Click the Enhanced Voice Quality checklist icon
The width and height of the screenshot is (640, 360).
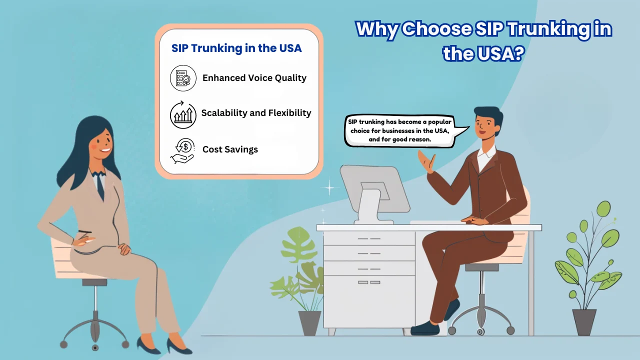183,78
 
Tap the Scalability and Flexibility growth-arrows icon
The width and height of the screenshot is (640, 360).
183,114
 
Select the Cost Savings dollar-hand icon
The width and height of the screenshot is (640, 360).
182,151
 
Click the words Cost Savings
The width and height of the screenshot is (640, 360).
230,149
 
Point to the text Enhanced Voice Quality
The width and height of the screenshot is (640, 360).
254,78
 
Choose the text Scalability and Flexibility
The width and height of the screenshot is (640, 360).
256,113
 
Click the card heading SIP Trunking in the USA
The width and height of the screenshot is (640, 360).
236,48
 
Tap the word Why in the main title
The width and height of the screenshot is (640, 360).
377,29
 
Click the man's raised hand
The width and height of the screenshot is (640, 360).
427,161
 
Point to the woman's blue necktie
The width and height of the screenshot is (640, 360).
100,185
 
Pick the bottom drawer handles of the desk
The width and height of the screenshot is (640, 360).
369,282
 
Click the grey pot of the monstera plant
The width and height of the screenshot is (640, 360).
309,323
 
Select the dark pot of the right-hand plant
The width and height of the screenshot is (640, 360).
584,322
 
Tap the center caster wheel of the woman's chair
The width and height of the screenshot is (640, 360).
95,347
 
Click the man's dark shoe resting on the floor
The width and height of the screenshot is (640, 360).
425,328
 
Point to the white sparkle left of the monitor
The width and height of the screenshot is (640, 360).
329,187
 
